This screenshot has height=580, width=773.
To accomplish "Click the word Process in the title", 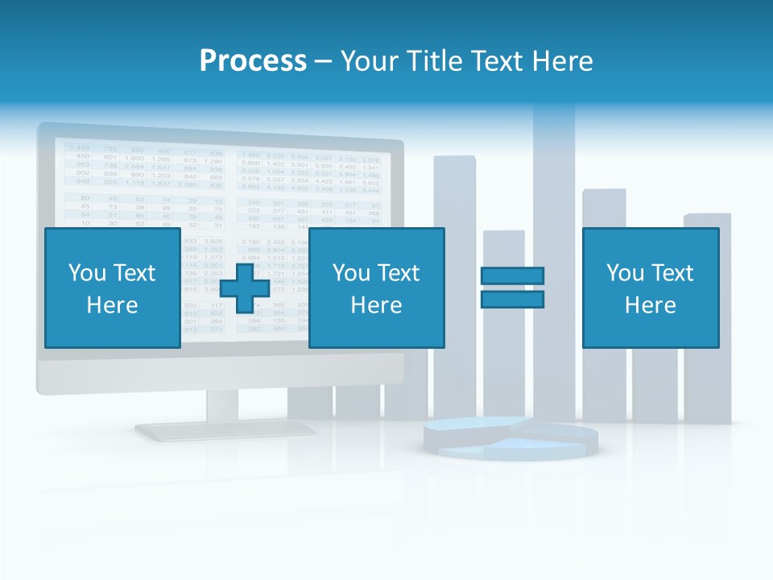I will [x=253, y=61].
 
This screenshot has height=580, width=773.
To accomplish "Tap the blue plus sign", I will [x=245, y=288].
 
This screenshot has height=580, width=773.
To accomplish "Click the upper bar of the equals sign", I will [x=512, y=276].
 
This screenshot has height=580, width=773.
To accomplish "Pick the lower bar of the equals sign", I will [x=512, y=300].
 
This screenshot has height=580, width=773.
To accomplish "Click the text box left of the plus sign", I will [x=113, y=288].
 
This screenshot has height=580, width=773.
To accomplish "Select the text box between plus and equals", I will [x=376, y=288].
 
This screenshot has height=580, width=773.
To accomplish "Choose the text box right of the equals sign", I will [x=650, y=288].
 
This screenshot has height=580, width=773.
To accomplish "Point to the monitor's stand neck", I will [x=222, y=408].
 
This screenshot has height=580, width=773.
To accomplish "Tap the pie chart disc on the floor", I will [x=511, y=437].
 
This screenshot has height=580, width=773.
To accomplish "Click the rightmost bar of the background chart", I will [x=707, y=387].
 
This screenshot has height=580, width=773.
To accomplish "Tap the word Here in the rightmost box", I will [x=650, y=305].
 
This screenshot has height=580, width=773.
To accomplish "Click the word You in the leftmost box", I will [x=85, y=273].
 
